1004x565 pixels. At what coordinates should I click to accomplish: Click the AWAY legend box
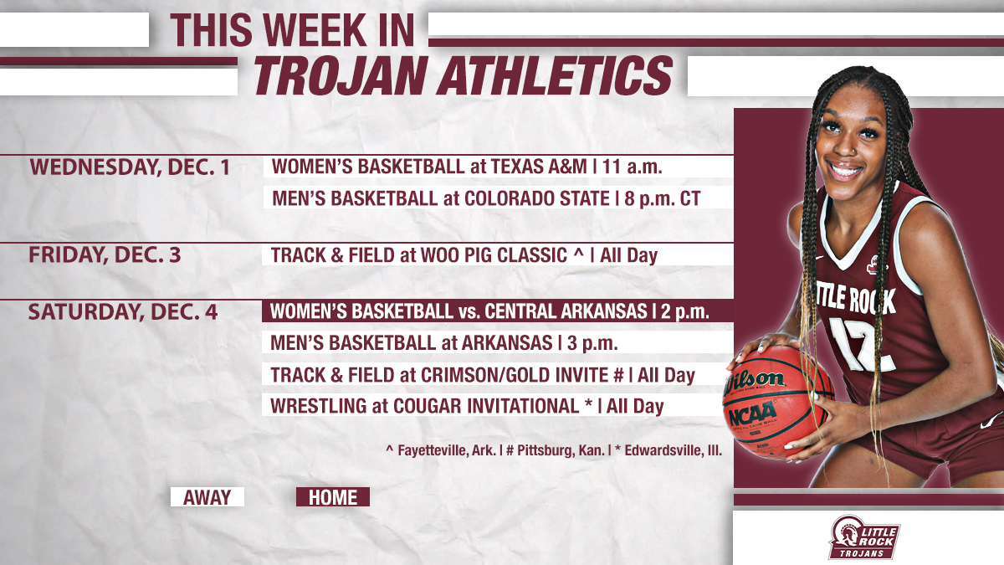pos(207,497)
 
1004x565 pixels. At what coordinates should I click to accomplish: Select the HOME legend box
pos(333,497)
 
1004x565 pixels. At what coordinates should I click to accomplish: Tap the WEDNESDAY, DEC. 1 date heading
pos(130,167)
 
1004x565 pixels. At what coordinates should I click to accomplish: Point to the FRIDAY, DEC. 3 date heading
pos(105,254)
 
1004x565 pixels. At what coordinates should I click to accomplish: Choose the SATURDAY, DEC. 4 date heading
pos(123,312)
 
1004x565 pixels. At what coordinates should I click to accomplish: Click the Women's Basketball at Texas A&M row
pos(467,167)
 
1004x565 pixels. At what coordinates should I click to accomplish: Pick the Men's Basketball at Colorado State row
pos(485,198)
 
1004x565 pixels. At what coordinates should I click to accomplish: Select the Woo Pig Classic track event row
pos(464,254)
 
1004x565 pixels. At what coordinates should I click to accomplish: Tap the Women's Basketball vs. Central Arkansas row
pos(490,312)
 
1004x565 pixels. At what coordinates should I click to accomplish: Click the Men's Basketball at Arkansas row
pos(444,343)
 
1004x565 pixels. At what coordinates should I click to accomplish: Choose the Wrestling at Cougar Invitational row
pos(467,406)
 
